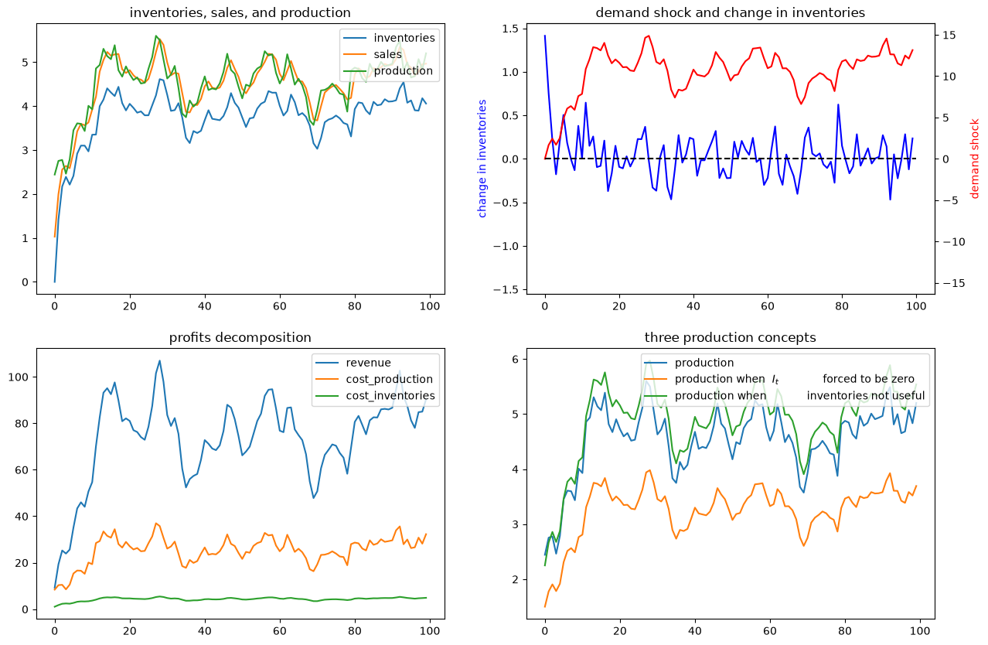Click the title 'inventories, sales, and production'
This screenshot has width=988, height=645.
(240, 13)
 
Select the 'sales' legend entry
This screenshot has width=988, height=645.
(388, 54)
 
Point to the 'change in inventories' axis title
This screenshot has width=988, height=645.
(482, 159)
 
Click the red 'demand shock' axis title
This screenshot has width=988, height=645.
(974, 159)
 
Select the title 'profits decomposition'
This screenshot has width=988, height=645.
(240, 337)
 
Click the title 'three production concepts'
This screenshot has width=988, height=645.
(730, 337)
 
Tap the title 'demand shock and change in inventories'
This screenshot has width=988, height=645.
(730, 13)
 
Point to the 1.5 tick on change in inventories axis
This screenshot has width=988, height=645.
(512, 29)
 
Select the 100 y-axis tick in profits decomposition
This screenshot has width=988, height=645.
(18, 377)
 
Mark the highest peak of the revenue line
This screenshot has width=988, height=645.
(160, 360)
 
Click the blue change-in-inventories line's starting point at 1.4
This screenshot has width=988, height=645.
(545, 36)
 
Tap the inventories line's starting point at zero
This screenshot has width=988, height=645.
(55, 282)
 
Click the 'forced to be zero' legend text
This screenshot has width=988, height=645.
(868, 379)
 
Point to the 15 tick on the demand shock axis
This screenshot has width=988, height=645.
(949, 36)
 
